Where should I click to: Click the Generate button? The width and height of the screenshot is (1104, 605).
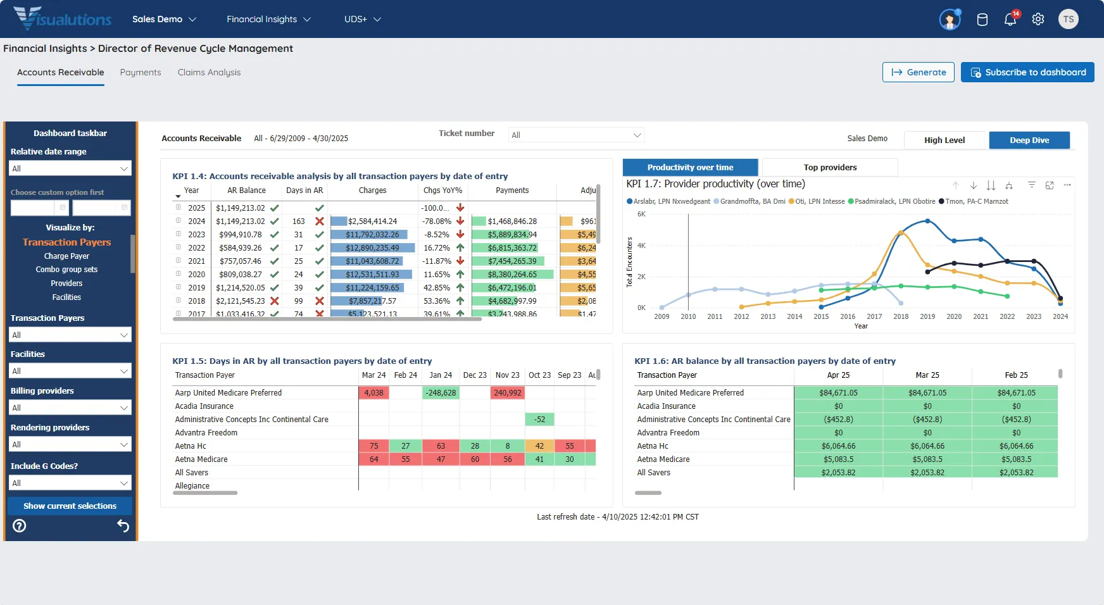(918, 72)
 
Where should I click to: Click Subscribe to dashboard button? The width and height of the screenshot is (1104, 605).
(1027, 72)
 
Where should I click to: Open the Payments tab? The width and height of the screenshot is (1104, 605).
(141, 72)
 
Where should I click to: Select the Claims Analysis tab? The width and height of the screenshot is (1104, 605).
(209, 72)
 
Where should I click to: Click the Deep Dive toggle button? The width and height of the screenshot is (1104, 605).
(1029, 140)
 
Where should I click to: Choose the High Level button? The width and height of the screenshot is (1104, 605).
(944, 140)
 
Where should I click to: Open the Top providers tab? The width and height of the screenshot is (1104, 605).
(829, 167)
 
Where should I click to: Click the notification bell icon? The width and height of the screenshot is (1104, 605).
(1010, 20)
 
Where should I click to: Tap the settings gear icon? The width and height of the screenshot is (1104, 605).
(1038, 20)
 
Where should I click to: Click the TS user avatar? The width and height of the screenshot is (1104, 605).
(1068, 20)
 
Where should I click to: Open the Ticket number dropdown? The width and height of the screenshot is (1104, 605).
(576, 135)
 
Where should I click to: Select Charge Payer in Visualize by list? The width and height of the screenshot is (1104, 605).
(66, 256)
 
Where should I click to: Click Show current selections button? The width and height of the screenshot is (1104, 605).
(70, 506)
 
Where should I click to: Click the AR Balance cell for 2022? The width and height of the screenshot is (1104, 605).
(240, 248)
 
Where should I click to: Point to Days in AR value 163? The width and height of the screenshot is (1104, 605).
(299, 221)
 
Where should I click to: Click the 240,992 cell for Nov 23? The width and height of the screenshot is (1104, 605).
(507, 393)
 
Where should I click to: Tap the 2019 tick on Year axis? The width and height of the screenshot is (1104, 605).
(927, 316)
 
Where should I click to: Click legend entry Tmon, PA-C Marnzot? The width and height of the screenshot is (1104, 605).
(976, 201)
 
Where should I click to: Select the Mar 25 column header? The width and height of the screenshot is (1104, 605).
(927, 375)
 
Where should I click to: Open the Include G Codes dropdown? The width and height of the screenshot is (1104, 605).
(70, 483)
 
